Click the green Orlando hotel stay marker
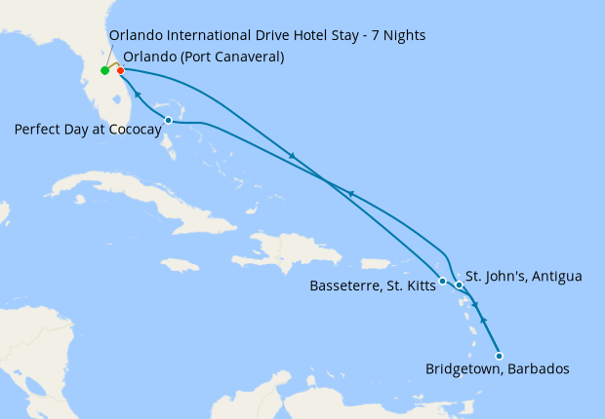click(x=104, y=70)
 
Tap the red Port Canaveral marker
click(x=120, y=70)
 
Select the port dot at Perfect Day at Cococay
click(x=169, y=121)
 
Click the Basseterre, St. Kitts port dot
click(x=443, y=281)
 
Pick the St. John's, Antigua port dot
click(x=459, y=285)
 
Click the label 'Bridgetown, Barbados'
click(x=497, y=369)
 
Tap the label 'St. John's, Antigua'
click(x=523, y=277)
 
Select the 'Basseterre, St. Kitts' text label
click(x=371, y=286)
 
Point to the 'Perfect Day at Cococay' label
click(x=88, y=129)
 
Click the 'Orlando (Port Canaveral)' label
click(x=204, y=57)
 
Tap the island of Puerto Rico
click(x=376, y=263)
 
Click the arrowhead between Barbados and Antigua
click(x=485, y=321)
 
